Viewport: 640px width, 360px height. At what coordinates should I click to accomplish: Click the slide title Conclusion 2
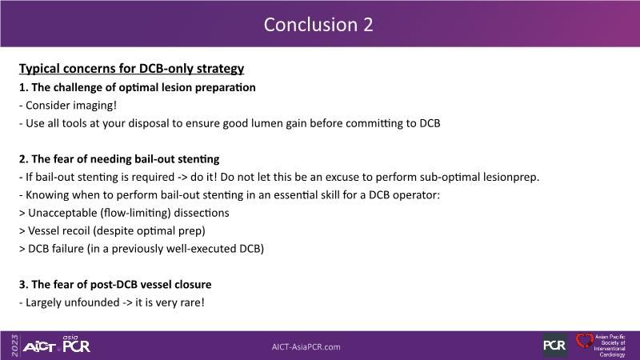[318, 25]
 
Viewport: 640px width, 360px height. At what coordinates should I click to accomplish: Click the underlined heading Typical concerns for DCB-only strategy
[131, 69]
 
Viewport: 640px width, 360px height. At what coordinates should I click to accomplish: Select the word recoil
[76, 231]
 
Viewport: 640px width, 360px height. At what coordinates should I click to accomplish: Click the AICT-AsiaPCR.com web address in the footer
[306, 347]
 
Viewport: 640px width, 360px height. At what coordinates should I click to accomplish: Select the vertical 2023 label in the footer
[15, 346]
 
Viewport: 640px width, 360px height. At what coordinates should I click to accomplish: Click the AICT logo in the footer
[39, 347]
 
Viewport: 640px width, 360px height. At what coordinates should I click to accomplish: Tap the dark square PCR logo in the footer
[554, 346]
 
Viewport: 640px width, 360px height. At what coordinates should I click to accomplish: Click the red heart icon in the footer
[584, 342]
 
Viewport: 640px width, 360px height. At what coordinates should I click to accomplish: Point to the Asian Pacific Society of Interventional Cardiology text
[610, 346]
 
